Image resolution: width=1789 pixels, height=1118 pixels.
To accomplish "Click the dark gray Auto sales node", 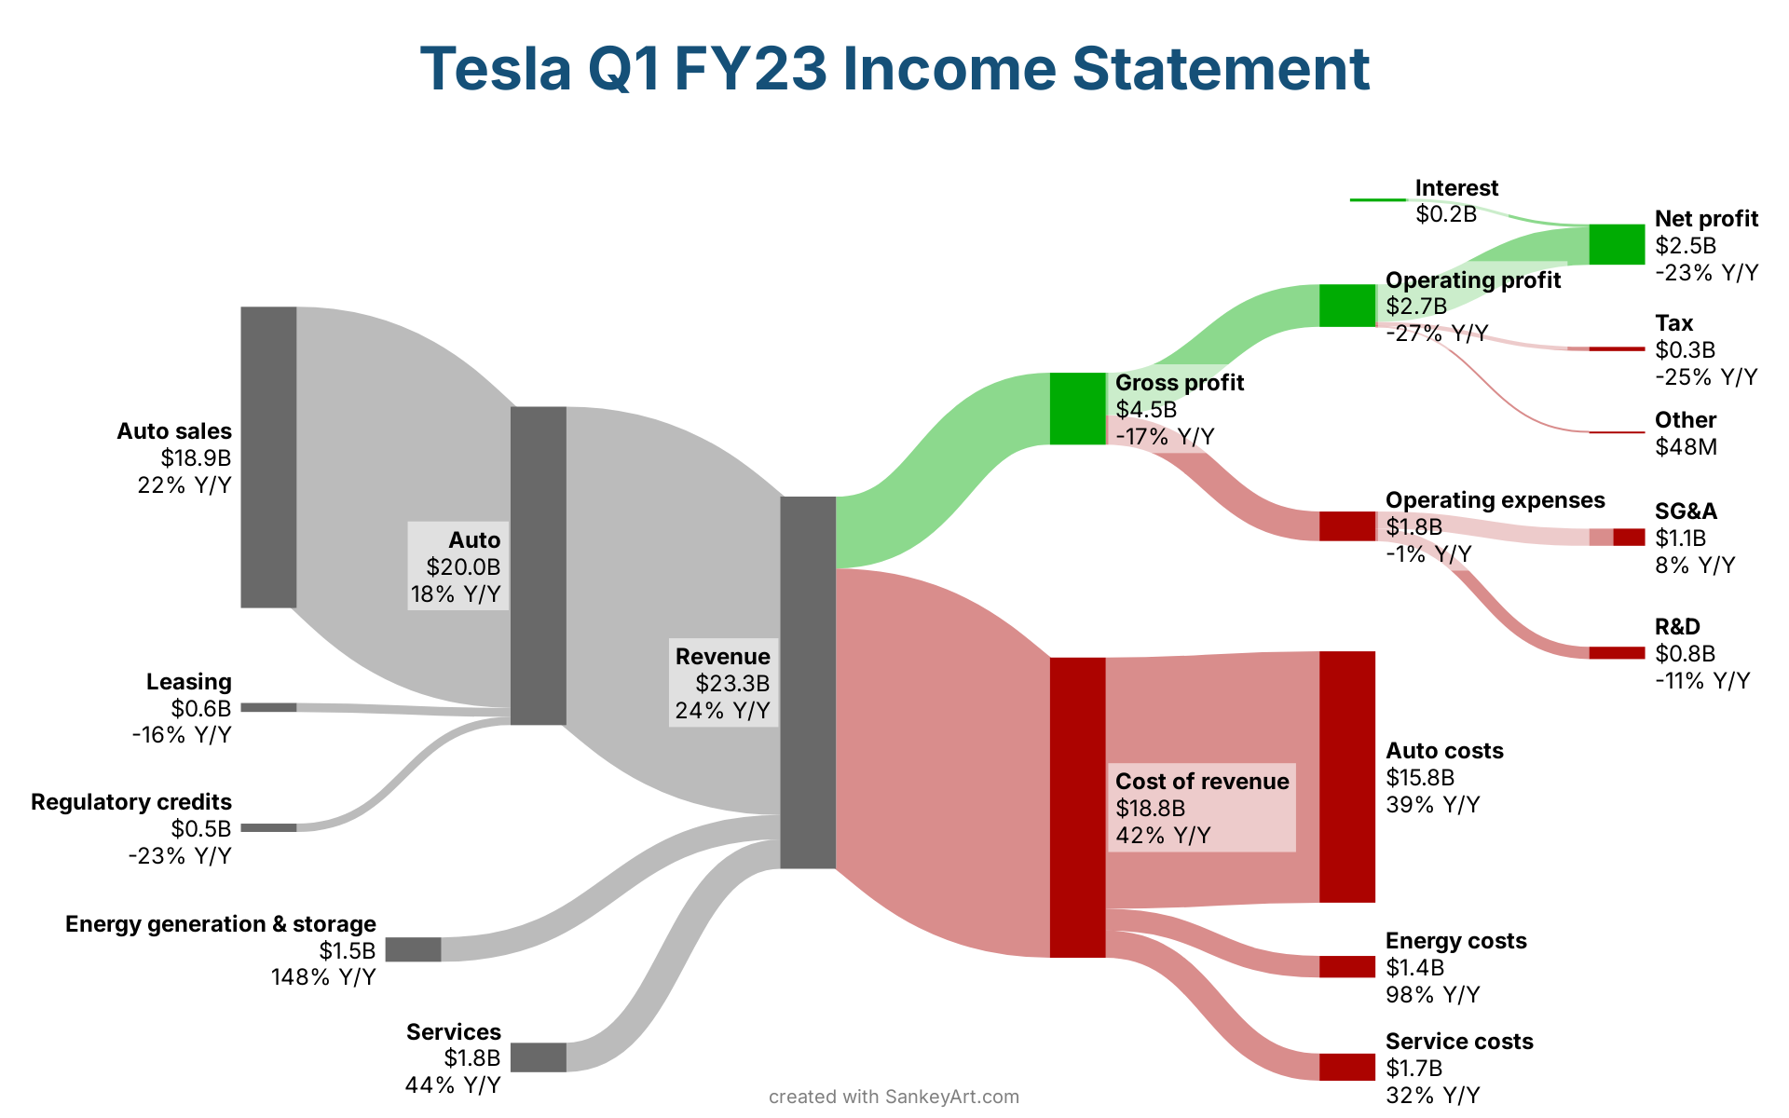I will pos(268,457).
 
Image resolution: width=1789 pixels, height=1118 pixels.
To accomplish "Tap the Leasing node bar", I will pos(268,707).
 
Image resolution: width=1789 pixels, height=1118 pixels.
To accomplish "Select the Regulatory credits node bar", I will pos(268,827).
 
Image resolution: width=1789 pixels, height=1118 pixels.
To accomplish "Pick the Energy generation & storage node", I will pos(413,949).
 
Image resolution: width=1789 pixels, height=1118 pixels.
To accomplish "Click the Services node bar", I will pos(538,1057).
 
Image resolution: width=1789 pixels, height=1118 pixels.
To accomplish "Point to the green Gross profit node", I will pos(1077,408).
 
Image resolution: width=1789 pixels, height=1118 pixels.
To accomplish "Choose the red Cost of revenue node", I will pos(1077,807).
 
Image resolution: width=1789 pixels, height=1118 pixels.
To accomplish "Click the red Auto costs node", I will pos(1346,777).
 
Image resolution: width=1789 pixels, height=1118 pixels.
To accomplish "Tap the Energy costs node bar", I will pos(1346,967).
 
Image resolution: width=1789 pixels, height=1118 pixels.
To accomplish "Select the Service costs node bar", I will pos(1346,1067).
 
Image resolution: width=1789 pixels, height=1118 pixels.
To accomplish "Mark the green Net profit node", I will pos(1617,244).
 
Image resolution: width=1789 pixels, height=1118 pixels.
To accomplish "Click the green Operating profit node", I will pos(1346,306).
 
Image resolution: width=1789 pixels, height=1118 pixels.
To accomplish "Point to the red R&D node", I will pos(1617,652).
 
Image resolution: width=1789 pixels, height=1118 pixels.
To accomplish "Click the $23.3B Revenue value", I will pos(732,683).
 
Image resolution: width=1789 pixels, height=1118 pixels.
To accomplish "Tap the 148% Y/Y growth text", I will pos(323,977).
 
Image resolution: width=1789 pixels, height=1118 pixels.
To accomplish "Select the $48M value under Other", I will pos(1686,447).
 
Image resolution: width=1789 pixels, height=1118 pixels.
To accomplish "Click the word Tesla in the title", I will pos(495,69).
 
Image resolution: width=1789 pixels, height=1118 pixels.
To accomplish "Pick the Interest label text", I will pos(1456,188).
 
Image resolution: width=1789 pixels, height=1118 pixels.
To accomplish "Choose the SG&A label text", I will pos(1686,511).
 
